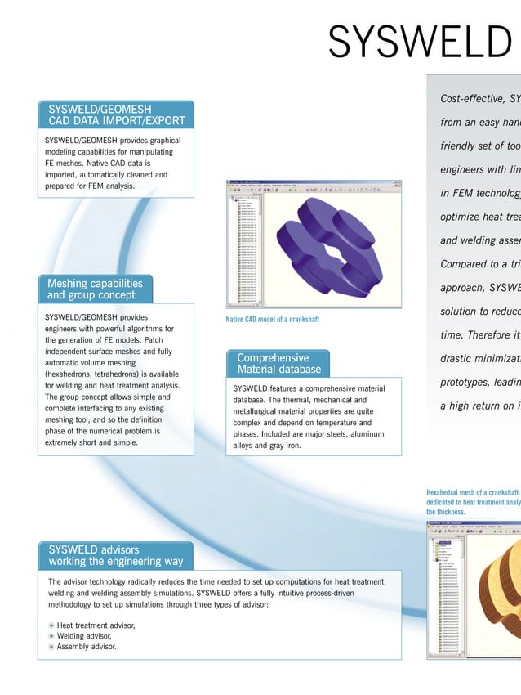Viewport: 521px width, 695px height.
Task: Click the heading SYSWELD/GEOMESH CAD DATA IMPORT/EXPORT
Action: click(x=116, y=114)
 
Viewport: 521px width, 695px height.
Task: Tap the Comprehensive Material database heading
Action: click(x=273, y=363)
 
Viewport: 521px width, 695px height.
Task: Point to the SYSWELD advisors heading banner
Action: click(x=114, y=555)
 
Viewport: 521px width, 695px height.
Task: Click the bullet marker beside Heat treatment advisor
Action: click(x=51, y=625)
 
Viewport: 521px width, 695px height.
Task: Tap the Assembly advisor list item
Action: click(x=86, y=647)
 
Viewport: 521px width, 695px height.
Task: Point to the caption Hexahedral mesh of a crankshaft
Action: click(x=473, y=493)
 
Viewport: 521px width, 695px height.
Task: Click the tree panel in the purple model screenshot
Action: click(x=242, y=245)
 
